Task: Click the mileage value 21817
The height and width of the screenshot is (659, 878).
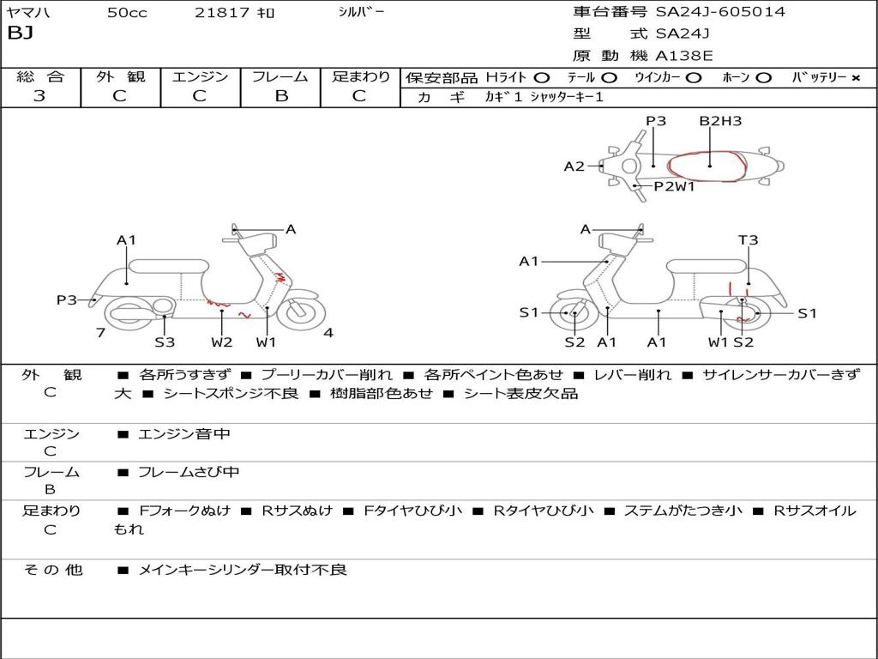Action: tap(222, 13)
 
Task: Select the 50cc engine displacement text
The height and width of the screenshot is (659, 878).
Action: tap(127, 13)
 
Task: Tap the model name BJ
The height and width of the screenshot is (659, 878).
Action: tap(20, 34)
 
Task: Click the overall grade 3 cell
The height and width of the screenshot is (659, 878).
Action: tap(39, 96)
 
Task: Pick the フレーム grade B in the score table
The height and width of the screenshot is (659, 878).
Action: tap(280, 96)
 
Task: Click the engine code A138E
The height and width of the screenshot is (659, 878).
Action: tap(683, 56)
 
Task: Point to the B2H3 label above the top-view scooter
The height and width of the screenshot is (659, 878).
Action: tap(719, 121)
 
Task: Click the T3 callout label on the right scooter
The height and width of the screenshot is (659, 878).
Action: tap(748, 240)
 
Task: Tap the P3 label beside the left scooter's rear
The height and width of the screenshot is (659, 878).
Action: tap(67, 299)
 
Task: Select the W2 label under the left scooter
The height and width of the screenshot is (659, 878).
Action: tap(222, 342)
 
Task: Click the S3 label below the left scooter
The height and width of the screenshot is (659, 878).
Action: tap(165, 342)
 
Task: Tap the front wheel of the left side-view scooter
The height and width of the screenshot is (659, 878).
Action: tap(299, 311)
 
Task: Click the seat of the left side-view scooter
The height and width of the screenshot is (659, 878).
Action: tap(168, 265)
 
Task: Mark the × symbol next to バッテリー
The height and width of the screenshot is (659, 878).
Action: tap(856, 77)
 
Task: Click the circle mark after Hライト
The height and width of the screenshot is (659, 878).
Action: tap(542, 77)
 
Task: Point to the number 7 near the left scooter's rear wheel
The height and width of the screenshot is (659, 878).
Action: tap(100, 333)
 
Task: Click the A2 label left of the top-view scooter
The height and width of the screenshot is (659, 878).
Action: tap(574, 166)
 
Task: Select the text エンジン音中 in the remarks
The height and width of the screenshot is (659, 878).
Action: tap(184, 434)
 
